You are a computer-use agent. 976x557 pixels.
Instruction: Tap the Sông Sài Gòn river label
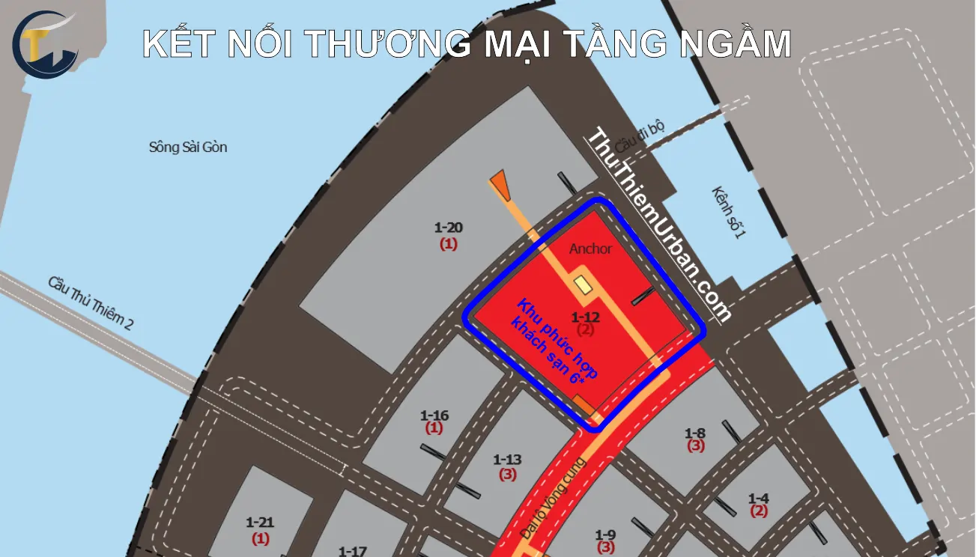188,147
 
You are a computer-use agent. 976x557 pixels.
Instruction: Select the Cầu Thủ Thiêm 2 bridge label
91,303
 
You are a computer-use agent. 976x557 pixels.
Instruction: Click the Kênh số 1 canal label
729,213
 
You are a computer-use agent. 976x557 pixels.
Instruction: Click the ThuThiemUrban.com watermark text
658,225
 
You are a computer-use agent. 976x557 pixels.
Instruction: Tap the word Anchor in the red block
590,249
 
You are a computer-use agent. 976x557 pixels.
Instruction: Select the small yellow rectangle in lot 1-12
581,285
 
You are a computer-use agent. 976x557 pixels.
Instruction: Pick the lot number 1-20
449,227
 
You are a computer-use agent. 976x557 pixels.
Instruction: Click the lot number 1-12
585,317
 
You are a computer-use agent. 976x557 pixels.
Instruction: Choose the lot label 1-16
434,415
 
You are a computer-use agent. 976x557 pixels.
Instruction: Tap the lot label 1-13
507,459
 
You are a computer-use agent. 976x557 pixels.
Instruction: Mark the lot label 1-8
695,433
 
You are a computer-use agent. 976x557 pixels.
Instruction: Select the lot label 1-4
759,498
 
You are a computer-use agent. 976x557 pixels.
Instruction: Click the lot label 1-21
261,522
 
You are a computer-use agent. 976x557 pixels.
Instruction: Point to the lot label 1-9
605,534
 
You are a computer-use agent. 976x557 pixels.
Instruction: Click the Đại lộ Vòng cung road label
554,500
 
